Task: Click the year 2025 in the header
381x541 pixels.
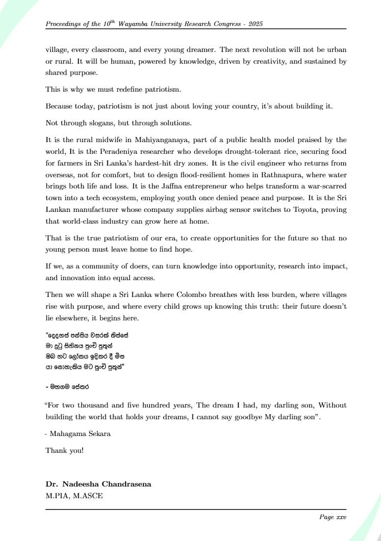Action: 253,24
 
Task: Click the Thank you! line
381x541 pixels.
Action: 65,450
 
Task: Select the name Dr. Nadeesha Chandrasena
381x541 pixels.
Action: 98,484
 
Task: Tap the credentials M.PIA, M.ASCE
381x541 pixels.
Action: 74,495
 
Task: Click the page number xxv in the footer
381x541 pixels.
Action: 340,517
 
